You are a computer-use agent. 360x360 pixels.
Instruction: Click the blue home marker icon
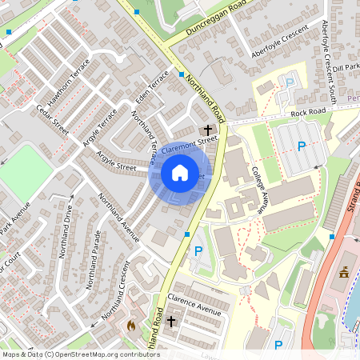coord(180,172)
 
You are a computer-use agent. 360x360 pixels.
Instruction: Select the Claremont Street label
coord(190,144)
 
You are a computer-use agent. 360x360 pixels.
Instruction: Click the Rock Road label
coord(308,112)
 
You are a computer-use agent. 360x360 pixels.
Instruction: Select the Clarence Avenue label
coord(194,303)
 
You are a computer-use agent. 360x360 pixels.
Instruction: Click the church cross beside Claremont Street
coord(208,129)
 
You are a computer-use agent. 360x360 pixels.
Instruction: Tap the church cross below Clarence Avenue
coord(171,322)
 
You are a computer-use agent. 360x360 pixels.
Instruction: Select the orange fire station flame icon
coord(131,325)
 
